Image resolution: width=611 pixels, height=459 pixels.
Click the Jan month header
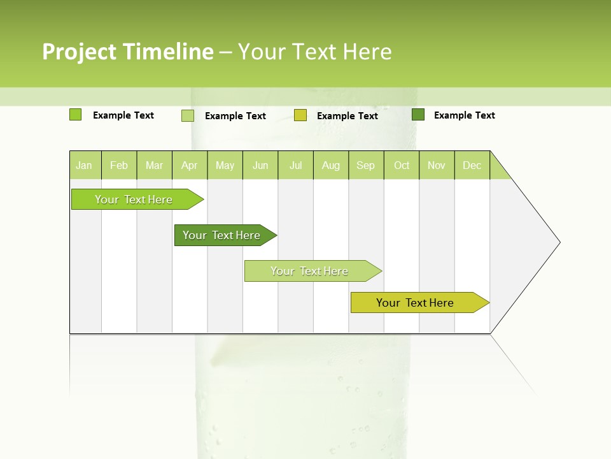point(85,165)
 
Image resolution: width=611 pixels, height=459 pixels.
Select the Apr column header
point(190,165)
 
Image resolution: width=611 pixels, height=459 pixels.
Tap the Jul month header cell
point(296,165)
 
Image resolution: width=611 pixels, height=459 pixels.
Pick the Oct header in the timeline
point(402,165)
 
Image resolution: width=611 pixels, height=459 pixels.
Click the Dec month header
point(472,165)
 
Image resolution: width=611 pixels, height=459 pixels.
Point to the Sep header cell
point(366,165)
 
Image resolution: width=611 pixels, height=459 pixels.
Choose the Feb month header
point(119,165)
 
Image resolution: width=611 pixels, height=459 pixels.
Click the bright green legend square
point(76,115)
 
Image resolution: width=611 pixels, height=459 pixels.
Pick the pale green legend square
point(188,115)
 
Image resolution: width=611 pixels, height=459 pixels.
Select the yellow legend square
point(300,115)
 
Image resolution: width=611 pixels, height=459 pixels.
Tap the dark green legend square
point(418,115)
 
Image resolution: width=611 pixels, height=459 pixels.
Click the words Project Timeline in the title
point(128,52)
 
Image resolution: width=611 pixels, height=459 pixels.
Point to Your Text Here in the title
point(314,52)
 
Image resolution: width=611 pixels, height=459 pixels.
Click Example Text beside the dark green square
point(464,115)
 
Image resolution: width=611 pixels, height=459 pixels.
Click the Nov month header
point(437,165)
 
